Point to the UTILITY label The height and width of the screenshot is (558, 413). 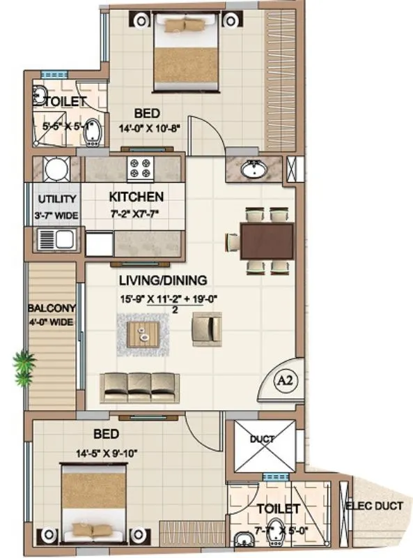pyautogui.click(x=52, y=199)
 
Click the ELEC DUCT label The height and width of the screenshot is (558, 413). pyautogui.click(x=374, y=506)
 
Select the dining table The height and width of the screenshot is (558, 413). pyautogui.click(x=266, y=241)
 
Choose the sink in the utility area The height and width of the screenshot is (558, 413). pyautogui.click(x=56, y=241)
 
